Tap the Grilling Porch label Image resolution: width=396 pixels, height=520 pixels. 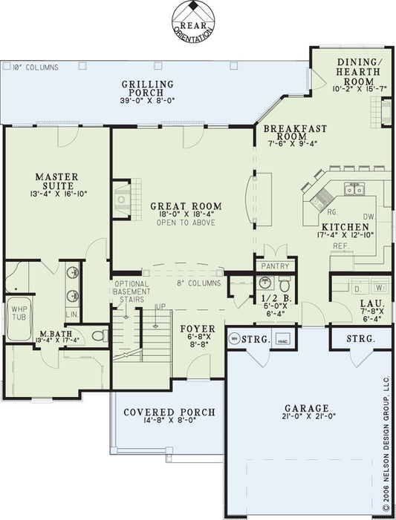pos(148,85)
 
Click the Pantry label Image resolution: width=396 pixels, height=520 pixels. pos(275,265)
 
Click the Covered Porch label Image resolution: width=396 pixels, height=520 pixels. pos(169,412)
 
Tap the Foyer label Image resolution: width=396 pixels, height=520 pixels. pos(197,329)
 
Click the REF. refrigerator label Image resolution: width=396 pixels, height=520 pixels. pos(341,245)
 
